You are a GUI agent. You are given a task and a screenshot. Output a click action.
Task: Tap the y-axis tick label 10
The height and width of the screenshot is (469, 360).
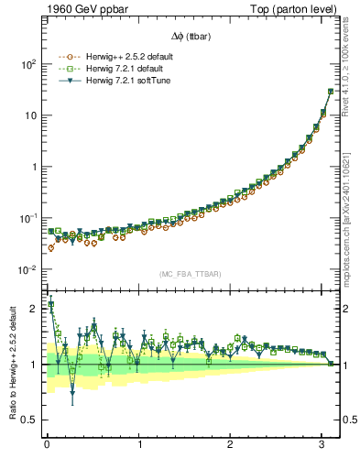tap(29, 116)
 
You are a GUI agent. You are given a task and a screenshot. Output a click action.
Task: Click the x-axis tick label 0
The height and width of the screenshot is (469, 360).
tap(47, 444)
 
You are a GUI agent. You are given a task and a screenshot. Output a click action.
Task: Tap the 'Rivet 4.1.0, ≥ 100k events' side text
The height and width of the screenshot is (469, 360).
tap(352, 70)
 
